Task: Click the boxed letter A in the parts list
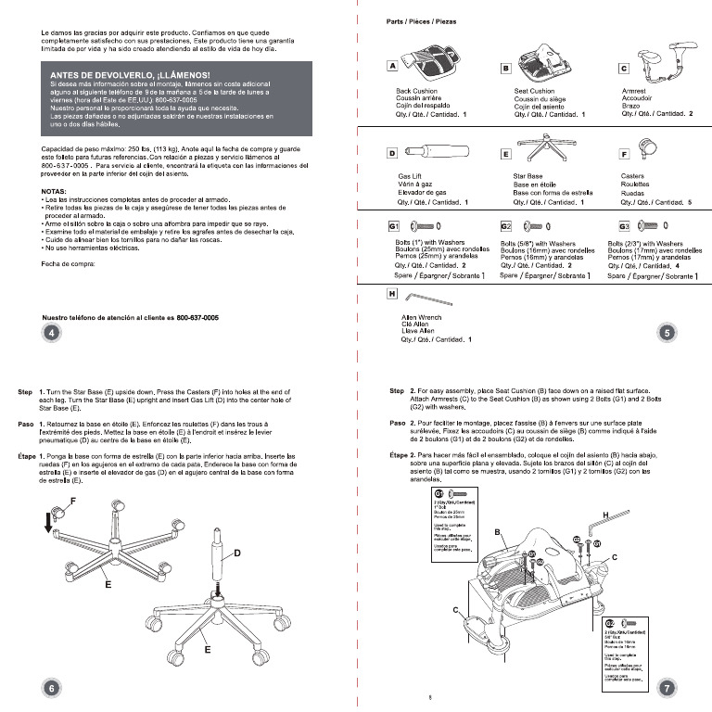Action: pyautogui.click(x=393, y=67)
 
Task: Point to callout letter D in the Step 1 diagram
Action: pyautogui.click(x=237, y=553)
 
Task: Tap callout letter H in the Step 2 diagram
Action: pyautogui.click(x=604, y=515)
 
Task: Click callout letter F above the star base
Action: pyautogui.click(x=72, y=501)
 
